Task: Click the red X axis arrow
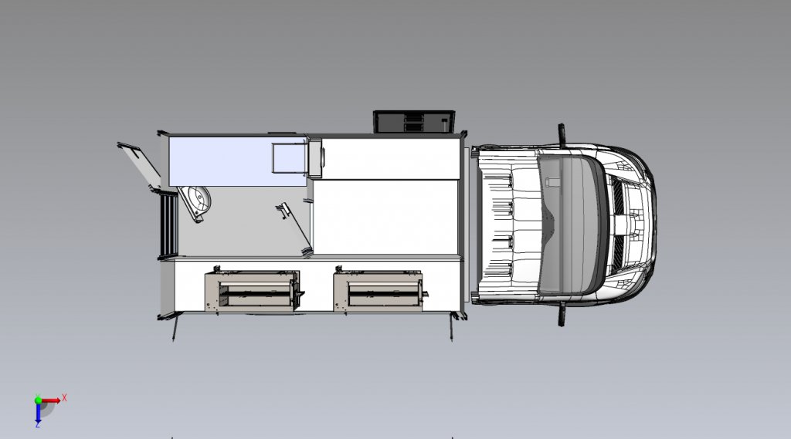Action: [50, 401]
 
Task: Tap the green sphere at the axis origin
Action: [38, 400]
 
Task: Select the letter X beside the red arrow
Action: [64, 398]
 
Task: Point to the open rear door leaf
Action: [139, 164]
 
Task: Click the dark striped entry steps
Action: [168, 225]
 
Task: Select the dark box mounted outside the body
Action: [414, 122]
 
